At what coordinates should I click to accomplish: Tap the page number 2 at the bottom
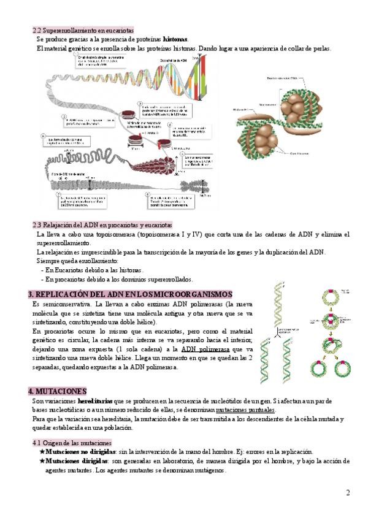[348, 492]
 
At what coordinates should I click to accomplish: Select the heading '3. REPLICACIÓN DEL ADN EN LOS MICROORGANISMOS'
[131, 294]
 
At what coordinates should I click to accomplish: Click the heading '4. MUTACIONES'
[58, 391]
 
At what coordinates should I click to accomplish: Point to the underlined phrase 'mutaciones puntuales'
[245, 410]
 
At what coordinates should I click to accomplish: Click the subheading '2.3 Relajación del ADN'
[102, 225]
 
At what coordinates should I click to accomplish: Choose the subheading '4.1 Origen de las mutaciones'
[72, 442]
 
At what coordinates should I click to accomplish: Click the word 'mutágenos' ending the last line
[208, 470]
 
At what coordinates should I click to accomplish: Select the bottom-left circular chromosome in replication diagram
[318, 368]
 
